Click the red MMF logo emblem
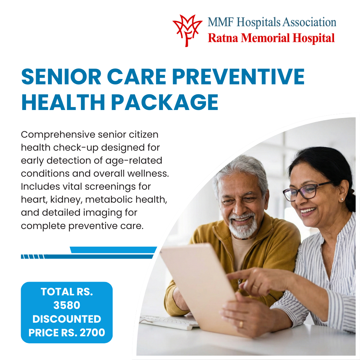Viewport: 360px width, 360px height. click(x=187, y=31)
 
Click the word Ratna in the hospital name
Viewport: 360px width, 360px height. click(x=223, y=38)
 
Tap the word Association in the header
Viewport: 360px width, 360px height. click(x=309, y=23)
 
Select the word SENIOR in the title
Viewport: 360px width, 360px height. click(x=61, y=77)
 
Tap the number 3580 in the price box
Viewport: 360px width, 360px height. click(x=67, y=305)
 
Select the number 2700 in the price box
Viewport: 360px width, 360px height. click(x=92, y=332)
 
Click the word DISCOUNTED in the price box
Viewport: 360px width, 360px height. click(x=67, y=319)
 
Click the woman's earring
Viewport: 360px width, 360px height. click(x=342, y=199)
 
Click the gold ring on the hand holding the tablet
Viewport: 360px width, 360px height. click(x=241, y=324)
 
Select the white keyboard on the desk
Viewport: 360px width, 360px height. click(x=169, y=322)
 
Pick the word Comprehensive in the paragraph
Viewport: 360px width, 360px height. click(x=58, y=135)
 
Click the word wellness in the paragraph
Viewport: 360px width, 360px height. click(x=148, y=174)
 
